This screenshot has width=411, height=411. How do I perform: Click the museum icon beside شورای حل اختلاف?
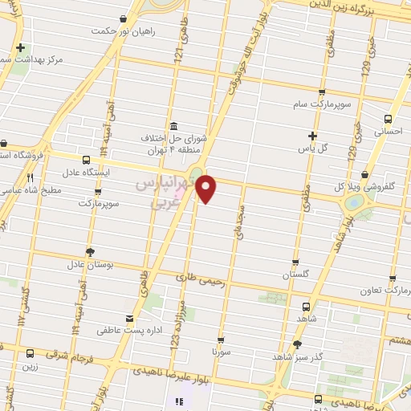point(174,126)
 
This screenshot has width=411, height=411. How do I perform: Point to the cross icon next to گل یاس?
point(312,136)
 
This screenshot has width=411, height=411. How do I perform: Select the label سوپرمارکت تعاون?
point(389,288)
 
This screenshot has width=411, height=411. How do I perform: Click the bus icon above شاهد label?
point(305,306)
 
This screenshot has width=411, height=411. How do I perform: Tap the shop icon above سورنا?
point(221,340)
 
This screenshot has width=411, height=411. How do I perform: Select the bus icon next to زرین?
point(30,353)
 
